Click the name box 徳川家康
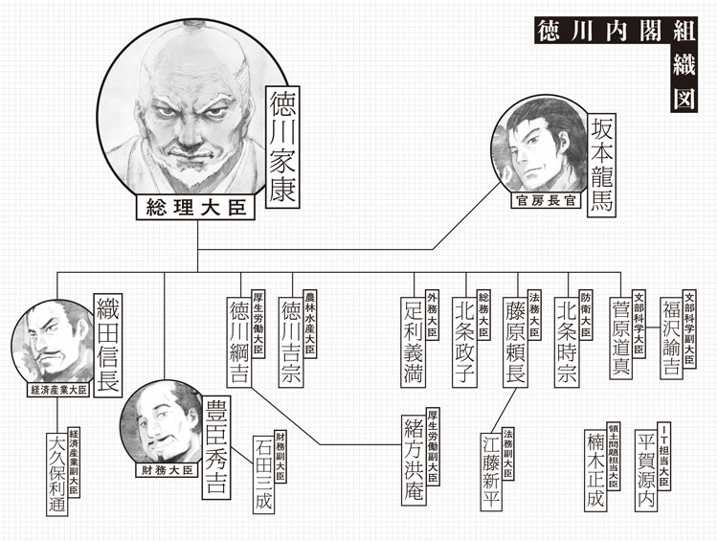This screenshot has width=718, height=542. coord(282,143)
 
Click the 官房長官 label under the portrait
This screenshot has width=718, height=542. coord(543,202)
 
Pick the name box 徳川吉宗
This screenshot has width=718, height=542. coord(290,342)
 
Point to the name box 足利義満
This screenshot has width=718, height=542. coord(414,342)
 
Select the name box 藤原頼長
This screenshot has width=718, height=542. coord(517,342)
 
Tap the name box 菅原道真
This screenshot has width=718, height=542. coord(620,342)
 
